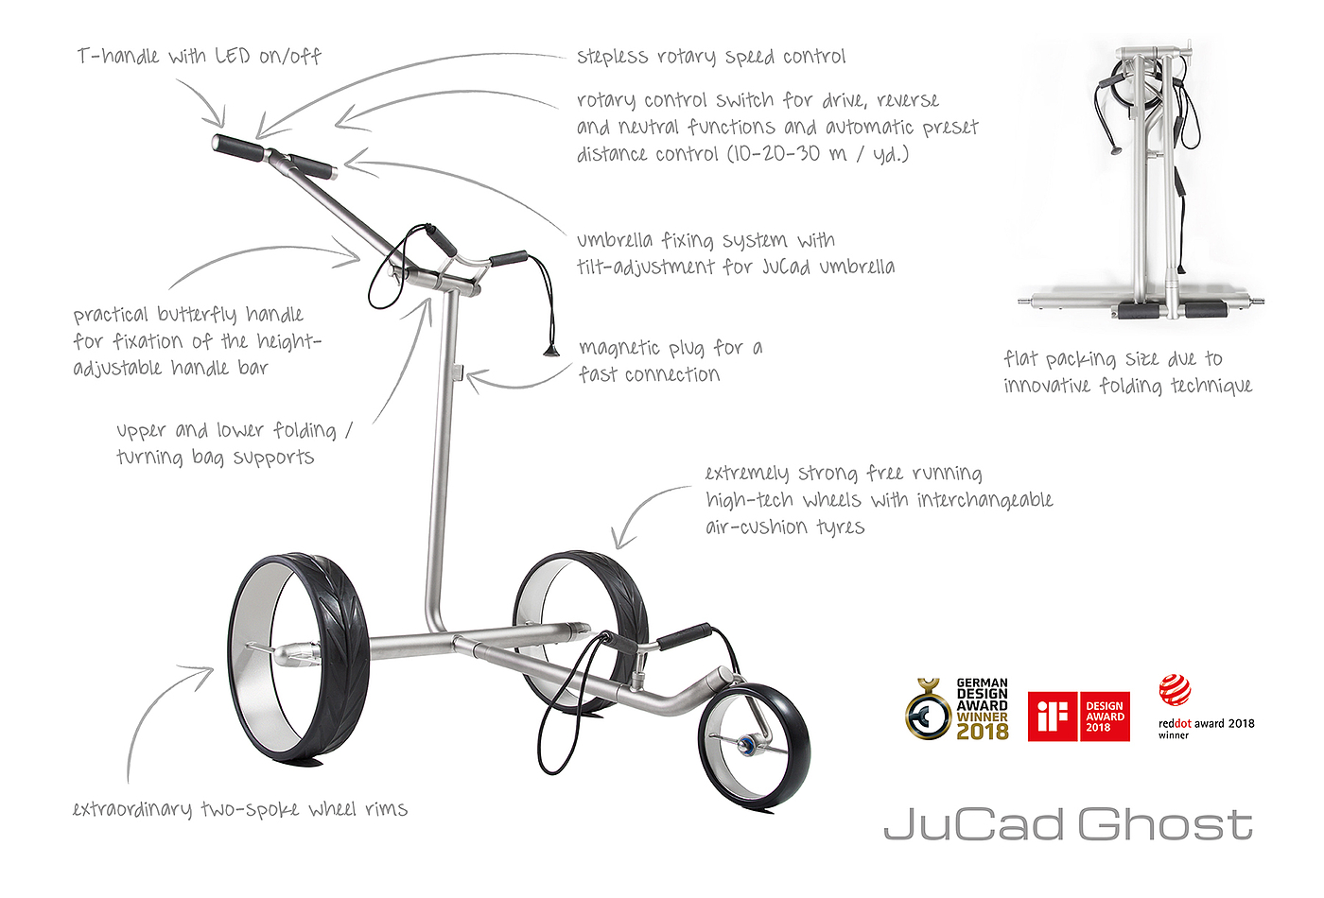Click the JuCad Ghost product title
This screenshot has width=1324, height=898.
tap(1069, 824)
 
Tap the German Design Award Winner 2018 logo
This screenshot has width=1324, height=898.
tap(957, 709)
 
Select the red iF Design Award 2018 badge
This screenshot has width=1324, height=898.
tap(1078, 716)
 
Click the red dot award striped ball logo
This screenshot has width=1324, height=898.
tap(1175, 690)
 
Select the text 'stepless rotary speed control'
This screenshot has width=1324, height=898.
tap(711, 57)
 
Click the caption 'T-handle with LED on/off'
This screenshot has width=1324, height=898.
tap(200, 57)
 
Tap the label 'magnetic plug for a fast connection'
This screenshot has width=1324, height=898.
tap(670, 361)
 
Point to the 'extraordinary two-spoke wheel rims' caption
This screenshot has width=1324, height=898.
tap(240, 809)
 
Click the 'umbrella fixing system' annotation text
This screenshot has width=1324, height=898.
tap(735, 253)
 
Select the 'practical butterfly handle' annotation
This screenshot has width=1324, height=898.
tap(197, 340)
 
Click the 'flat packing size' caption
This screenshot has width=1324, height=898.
tap(1127, 371)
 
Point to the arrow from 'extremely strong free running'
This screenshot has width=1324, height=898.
tap(643, 510)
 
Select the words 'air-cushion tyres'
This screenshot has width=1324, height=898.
tap(785, 527)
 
